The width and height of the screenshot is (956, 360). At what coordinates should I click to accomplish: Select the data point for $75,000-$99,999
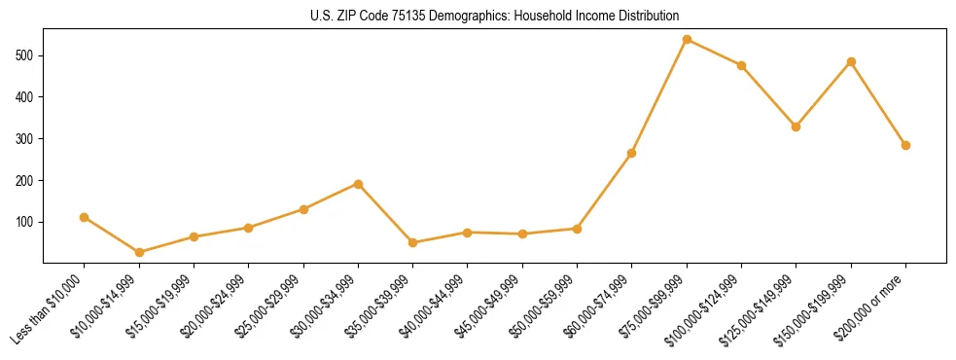click(687, 39)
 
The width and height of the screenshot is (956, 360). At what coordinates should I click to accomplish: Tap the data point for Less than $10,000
click(85, 217)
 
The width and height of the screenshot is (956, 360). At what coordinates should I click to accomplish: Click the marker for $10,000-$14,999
click(139, 252)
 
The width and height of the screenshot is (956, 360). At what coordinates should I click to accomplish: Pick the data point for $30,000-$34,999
click(358, 184)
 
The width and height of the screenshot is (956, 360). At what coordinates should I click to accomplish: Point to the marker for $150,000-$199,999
click(851, 61)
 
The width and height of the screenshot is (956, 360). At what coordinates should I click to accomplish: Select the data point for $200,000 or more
click(905, 145)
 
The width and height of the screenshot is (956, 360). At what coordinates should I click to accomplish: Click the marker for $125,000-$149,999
click(797, 126)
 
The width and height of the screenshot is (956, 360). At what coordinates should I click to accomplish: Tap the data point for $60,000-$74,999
click(632, 153)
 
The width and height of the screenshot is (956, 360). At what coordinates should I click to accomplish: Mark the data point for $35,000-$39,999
click(412, 242)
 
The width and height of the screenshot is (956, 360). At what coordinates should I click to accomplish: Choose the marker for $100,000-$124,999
click(741, 65)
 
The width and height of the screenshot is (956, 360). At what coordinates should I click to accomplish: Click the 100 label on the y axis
click(26, 222)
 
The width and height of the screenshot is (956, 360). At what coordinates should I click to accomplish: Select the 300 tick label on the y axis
click(26, 139)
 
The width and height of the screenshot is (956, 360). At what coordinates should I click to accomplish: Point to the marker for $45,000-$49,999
click(522, 234)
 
